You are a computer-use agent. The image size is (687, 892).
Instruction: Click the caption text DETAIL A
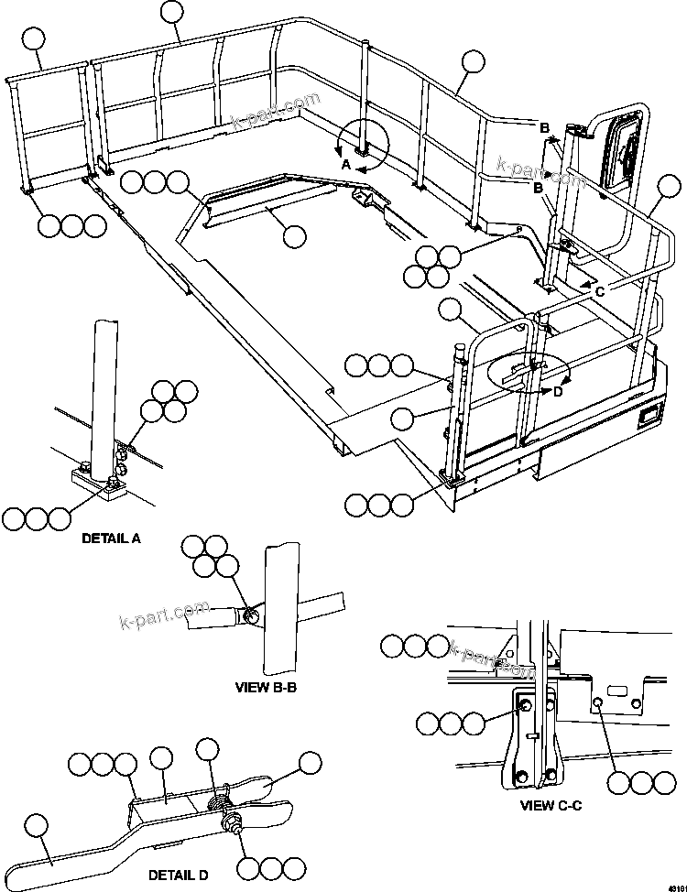pyautogui.click(x=111, y=538)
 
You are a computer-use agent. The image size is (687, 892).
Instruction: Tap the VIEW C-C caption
pyautogui.click(x=551, y=806)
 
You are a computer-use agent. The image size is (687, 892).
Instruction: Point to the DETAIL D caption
pyautogui.click(x=178, y=876)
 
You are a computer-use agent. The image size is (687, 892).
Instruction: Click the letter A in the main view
pyautogui.click(x=346, y=165)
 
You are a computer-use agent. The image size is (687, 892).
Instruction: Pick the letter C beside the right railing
pyautogui.click(x=599, y=291)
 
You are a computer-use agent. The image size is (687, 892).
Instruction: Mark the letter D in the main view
pyautogui.click(x=557, y=392)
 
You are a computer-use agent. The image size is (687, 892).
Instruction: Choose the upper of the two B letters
pyautogui.click(x=543, y=126)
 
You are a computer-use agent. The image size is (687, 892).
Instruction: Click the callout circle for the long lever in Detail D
pyautogui.click(x=36, y=826)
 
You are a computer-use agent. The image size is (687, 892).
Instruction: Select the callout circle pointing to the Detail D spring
pyautogui.click(x=209, y=753)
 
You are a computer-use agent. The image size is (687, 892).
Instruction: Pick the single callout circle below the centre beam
pyautogui.click(x=294, y=236)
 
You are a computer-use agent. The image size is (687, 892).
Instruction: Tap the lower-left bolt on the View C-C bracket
pyautogui.click(x=522, y=778)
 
